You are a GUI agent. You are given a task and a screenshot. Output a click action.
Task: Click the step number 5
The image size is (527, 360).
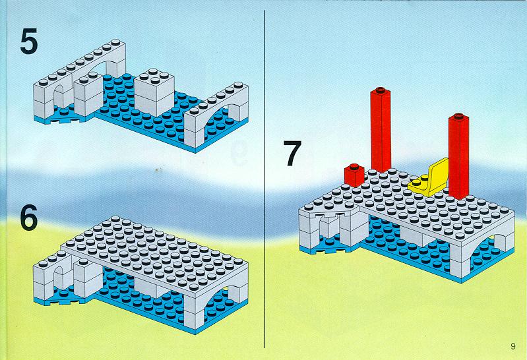[x=29, y=41]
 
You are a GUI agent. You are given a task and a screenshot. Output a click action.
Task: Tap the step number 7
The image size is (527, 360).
[x=292, y=153]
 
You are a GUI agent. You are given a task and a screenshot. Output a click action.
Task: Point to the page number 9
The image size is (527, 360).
[x=513, y=346]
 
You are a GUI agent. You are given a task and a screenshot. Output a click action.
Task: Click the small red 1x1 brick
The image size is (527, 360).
[x=354, y=175]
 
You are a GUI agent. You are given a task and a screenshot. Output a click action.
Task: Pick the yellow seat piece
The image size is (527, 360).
[x=429, y=178]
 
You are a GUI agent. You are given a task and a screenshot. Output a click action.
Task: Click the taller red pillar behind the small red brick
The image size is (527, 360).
[x=381, y=130]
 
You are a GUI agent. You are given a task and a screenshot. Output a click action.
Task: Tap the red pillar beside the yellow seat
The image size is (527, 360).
[x=459, y=157]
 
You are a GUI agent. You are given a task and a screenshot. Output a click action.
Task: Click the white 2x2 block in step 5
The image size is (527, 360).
[x=154, y=93]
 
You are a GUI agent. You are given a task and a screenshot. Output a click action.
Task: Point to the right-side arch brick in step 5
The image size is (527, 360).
[x=216, y=113]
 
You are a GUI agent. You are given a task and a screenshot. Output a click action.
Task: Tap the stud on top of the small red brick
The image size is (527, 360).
[x=354, y=166]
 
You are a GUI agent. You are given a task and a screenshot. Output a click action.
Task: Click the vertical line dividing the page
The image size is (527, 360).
[x=264, y=179]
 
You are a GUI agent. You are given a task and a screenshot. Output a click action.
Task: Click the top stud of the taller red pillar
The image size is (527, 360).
[x=381, y=90]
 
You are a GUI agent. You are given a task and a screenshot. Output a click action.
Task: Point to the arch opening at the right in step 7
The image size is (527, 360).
[x=484, y=251]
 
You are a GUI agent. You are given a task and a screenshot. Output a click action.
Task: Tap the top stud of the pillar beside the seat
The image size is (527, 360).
[x=459, y=116]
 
